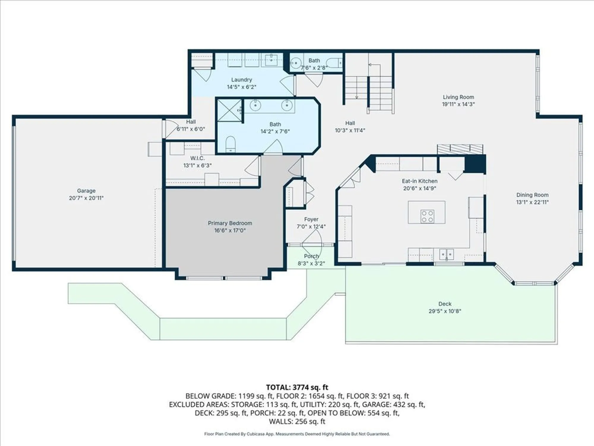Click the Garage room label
coord(86,191)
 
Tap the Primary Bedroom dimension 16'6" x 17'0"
coord(230,230)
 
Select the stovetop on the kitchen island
coord(427,216)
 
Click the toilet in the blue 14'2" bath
coord(230,144)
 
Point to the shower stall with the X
coord(229,110)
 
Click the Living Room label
coord(458,97)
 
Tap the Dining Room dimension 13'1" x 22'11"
coord(532,202)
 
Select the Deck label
coord(445,304)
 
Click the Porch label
coord(311,256)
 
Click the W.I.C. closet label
coord(198,158)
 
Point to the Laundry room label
coord(241,80)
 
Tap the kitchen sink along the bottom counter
coord(446,255)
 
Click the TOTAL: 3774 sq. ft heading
coord(297,387)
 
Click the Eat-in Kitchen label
coord(419,181)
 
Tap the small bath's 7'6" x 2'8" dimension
coord(314,68)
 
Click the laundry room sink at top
coord(271,60)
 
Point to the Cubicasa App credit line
coord(297,434)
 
